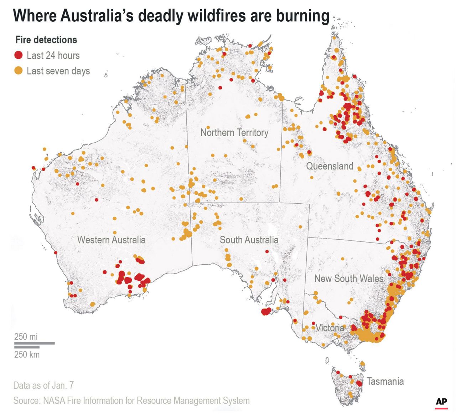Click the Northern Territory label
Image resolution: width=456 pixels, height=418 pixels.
coord(234,133)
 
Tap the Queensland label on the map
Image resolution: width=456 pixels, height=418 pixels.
coord(330,166)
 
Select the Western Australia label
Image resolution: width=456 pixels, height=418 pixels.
coord(111,240)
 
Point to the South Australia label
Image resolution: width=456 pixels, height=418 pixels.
coord(249,240)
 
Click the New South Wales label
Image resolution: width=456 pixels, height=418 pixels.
coord(348,279)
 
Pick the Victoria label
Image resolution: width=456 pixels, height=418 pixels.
coord(330,328)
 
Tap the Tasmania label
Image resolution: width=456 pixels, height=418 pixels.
coord(385,382)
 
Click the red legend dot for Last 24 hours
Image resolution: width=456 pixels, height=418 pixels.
coord(19,55)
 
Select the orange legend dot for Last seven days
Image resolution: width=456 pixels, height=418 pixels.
coord(19,71)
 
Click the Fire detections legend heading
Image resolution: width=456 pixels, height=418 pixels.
coord(46,40)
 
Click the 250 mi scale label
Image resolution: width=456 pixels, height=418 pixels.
coord(26,337)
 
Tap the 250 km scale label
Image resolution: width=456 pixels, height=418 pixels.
coord(27,355)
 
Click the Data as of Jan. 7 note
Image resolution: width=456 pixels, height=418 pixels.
coord(43,386)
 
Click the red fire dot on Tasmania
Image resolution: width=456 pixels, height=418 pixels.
coord(359,383)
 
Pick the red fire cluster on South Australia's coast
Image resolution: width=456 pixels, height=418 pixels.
coord(266,312)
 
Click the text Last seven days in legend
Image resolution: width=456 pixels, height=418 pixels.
coord(58,71)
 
